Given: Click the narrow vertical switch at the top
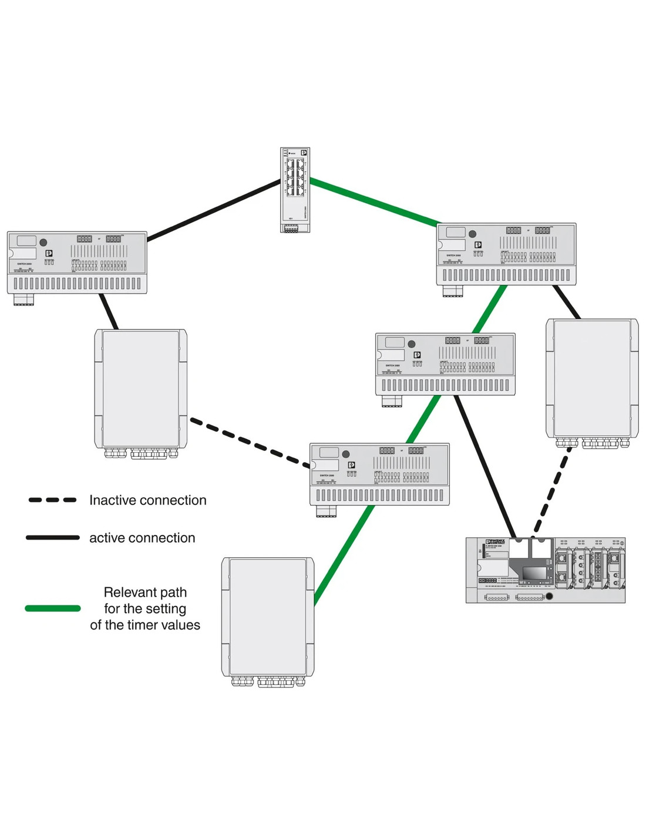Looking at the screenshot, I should pos(295,189).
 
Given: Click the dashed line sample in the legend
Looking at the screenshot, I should pos(52,500).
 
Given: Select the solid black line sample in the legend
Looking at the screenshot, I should pos(52,537).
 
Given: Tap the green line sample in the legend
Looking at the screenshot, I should pos(52,608).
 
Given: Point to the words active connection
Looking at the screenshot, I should pos(142,538).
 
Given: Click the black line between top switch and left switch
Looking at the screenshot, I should pos(214,210).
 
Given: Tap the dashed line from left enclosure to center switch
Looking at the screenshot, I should pos(250,443).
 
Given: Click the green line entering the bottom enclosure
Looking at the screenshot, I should pos(344,554).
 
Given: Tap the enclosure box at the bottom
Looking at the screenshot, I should pos(267,617).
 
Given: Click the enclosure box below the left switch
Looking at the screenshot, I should pos(141,388).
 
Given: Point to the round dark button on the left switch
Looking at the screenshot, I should pos(43,242).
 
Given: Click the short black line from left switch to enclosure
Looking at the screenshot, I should pos(109,311).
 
